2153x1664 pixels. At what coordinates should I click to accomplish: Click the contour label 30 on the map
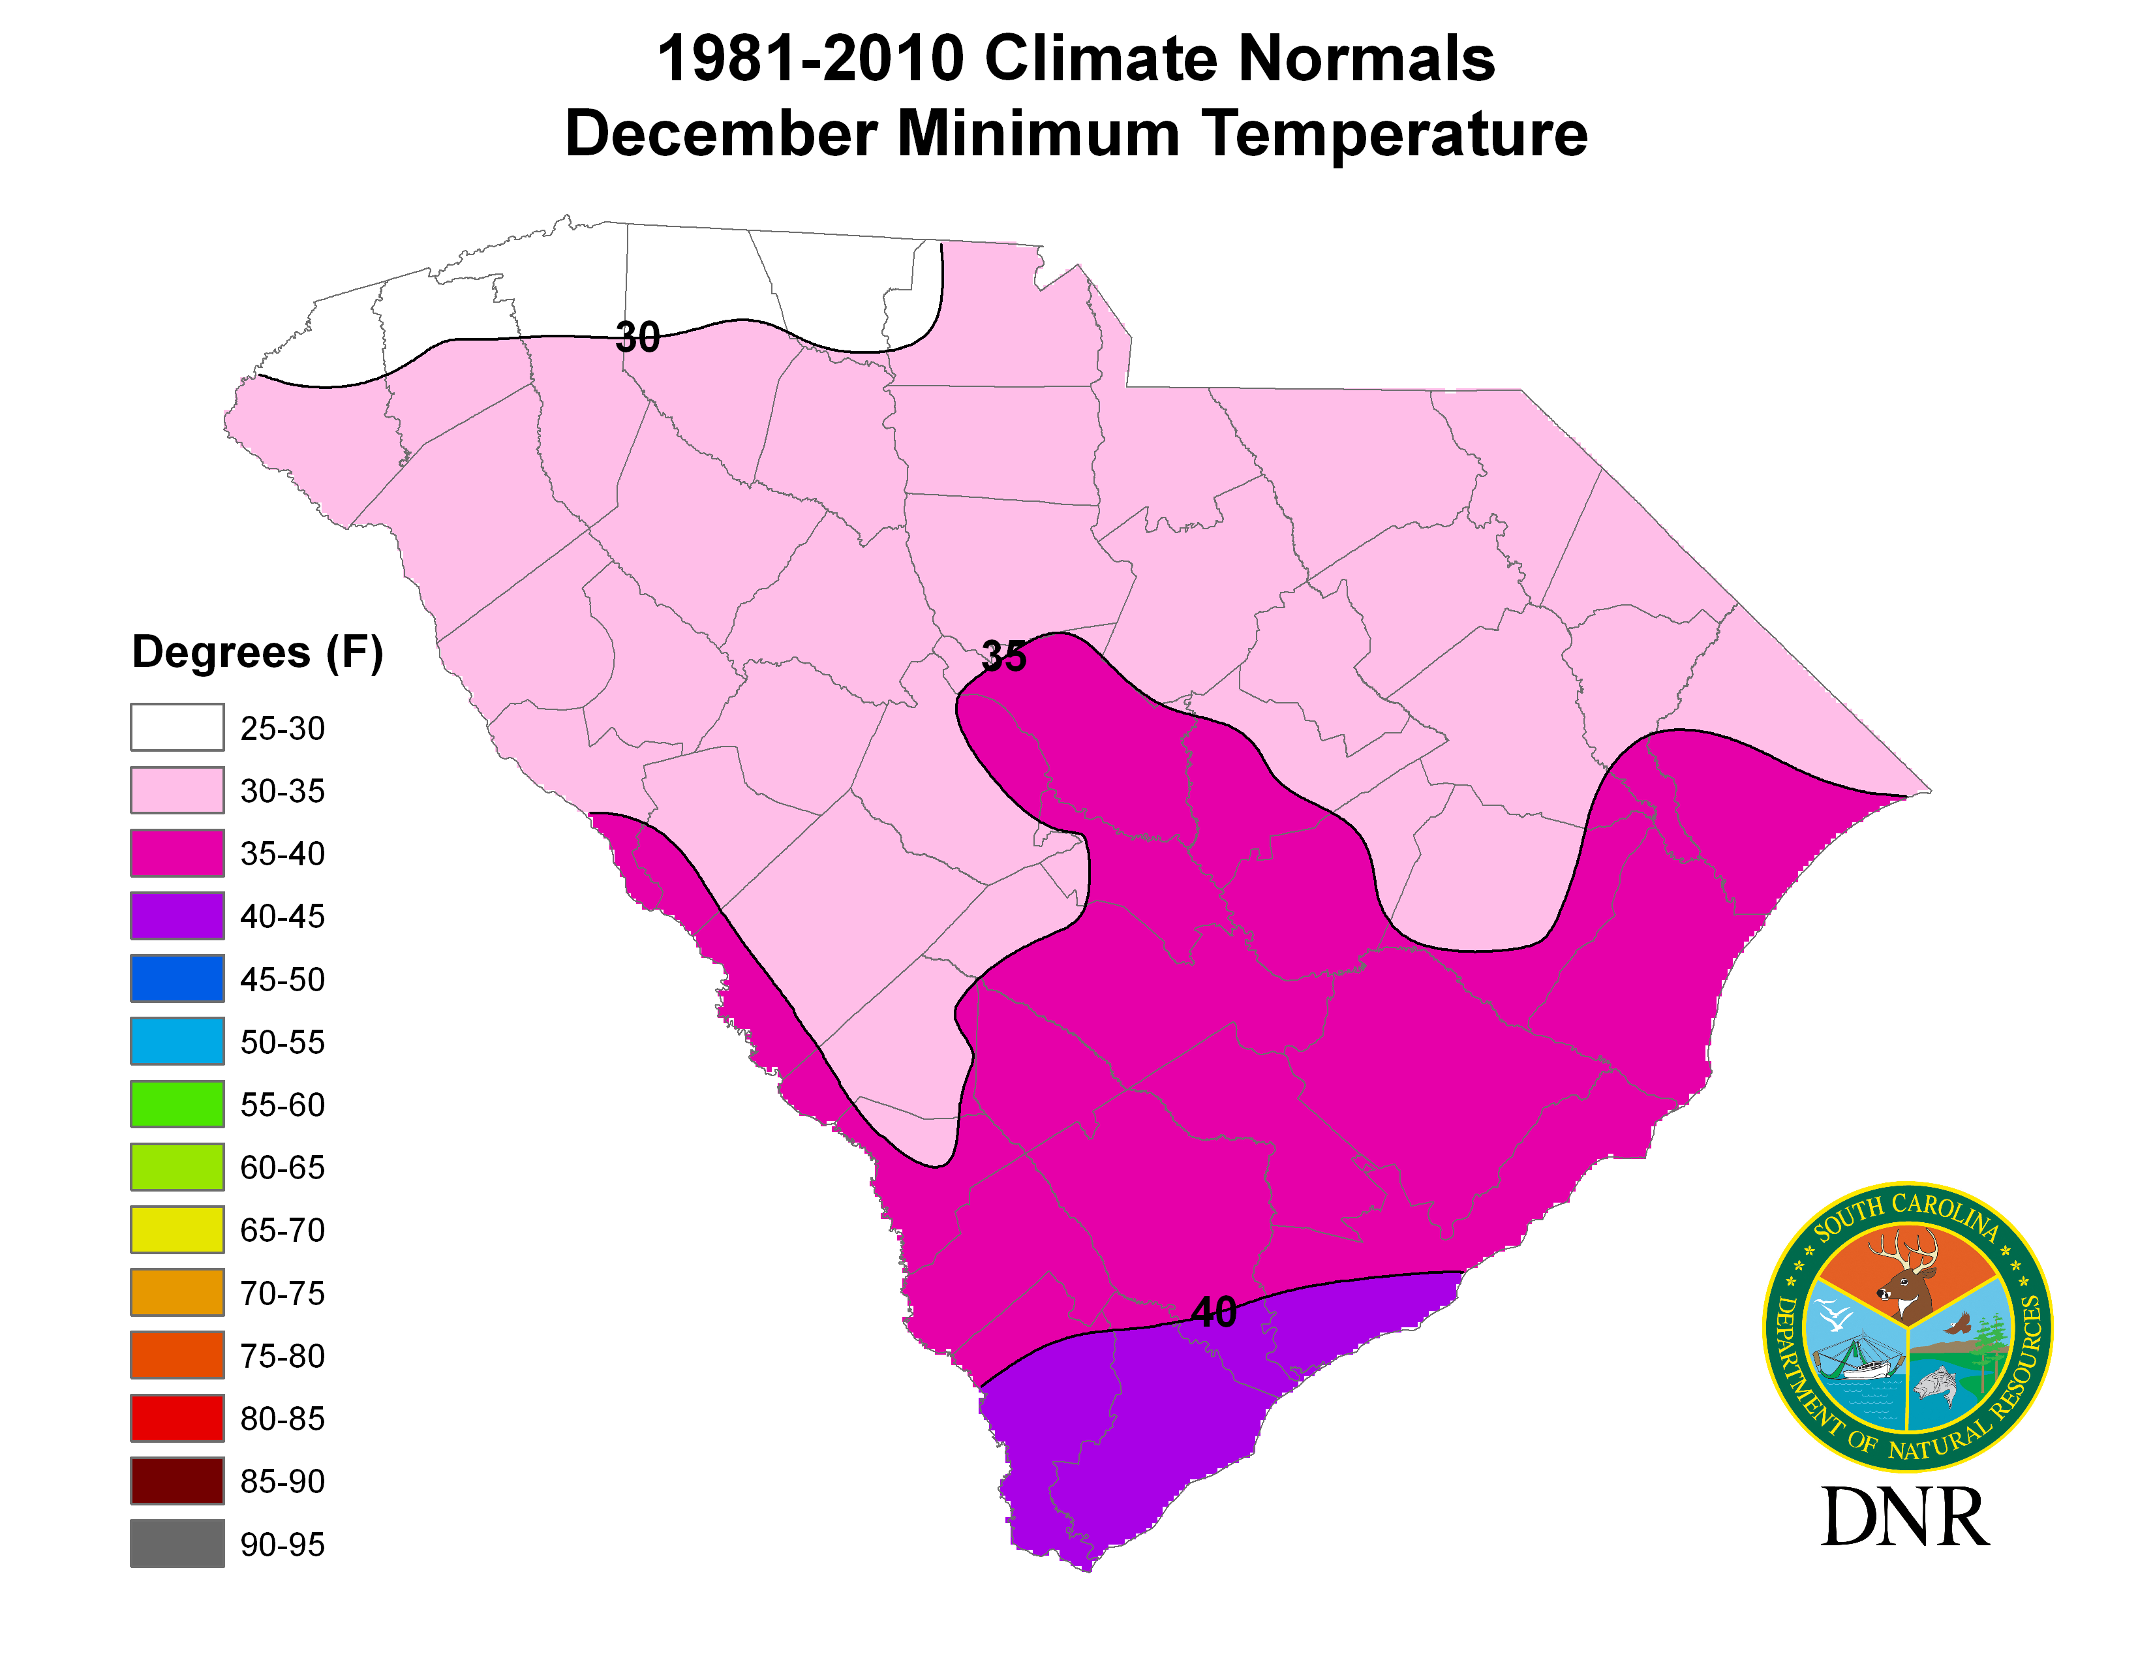[x=637, y=338]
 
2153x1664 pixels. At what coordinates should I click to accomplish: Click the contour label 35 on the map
[x=1003, y=656]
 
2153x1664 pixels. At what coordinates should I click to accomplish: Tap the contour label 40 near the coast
[x=1214, y=1312]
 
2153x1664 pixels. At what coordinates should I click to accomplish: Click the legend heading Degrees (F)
[x=257, y=653]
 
